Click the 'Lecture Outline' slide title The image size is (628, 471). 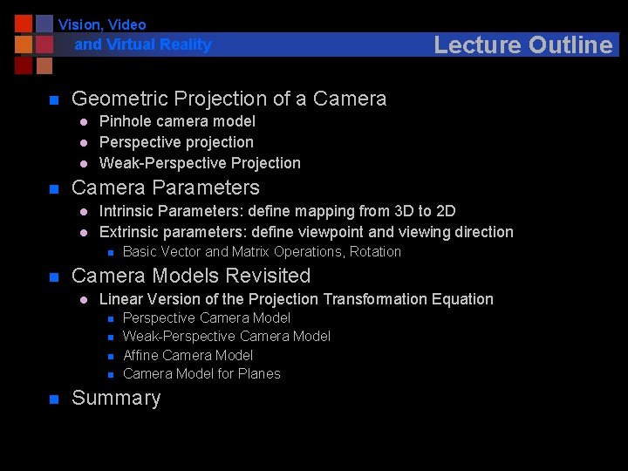(x=522, y=44)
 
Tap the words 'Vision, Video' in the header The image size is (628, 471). (x=102, y=24)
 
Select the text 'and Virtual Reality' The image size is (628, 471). (x=143, y=44)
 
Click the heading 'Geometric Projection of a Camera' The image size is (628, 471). (x=229, y=99)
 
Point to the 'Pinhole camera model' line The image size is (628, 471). (x=177, y=121)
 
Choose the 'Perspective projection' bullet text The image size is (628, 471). (x=176, y=142)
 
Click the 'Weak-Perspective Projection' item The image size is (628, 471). (x=200, y=163)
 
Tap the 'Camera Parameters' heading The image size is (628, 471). (x=165, y=188)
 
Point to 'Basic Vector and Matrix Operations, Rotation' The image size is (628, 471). (x=262, y=252)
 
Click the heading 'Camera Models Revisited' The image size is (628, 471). (x=190, y=276)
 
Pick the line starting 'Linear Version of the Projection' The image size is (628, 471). (x=296, y=299)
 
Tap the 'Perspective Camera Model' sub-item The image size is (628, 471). (x=207, y=318)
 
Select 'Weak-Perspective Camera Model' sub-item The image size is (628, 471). (x=227, y=337)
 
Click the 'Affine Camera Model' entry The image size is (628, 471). (x=188, y=356)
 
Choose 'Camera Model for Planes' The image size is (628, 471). (x=201, y=374)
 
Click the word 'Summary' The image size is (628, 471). (x=116, y=398)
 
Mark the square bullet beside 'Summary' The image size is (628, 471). (x=53, y=399)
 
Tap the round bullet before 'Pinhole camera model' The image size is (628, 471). (x=83, y=122)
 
